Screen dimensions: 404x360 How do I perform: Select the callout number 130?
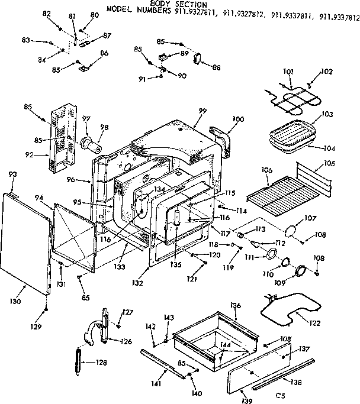coord(16,301)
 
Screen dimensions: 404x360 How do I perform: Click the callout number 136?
coord(236,305)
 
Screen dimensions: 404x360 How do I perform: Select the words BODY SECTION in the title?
coord(178,5)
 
